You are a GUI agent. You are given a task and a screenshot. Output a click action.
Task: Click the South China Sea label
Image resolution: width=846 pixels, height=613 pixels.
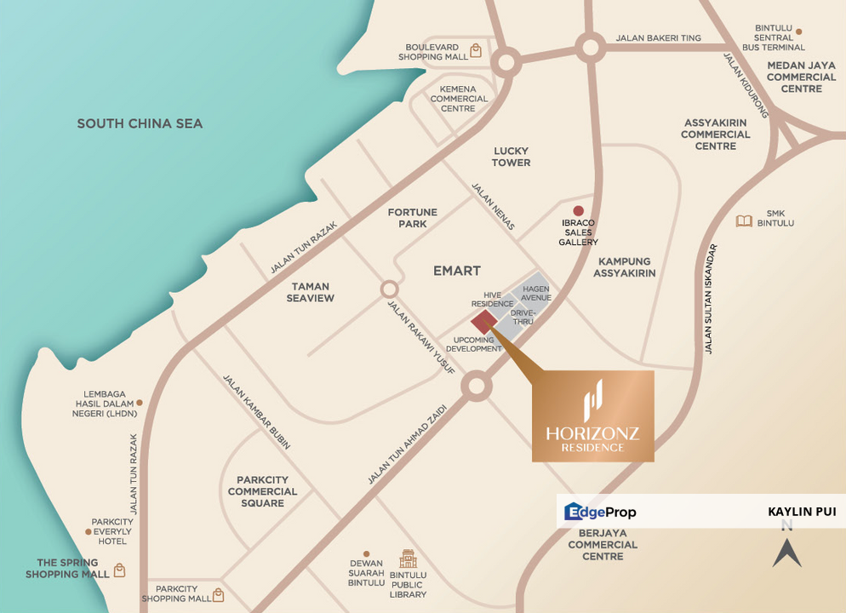[140, 123]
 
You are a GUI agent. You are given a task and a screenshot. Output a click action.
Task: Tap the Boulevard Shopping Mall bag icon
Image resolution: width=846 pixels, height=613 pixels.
[477, 50]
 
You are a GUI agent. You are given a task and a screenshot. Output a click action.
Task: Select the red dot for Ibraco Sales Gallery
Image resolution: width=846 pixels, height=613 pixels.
[578, 211]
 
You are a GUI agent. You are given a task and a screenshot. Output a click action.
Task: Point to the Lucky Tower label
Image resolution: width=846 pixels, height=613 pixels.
[511, 157]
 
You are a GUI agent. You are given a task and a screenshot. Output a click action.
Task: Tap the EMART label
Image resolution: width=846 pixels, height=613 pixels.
[457, 270]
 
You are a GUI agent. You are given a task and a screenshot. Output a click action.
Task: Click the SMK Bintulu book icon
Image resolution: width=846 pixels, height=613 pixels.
[744, 221]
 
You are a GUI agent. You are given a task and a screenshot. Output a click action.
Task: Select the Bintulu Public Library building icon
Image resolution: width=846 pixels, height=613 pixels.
[408, 559]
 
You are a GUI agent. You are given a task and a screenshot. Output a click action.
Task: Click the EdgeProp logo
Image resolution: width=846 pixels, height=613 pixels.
[601, 512]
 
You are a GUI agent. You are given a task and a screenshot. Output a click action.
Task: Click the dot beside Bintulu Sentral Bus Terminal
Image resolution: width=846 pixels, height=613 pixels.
[799, 32]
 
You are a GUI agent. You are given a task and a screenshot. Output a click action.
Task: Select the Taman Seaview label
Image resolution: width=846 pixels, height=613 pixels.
[310, 292]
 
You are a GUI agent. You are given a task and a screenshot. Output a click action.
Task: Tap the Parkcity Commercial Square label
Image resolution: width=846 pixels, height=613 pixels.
[262, 491]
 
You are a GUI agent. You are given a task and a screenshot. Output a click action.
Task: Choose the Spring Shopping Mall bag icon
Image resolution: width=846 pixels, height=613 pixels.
[119, 570]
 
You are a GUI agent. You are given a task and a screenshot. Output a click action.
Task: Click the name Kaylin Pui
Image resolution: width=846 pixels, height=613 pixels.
[801, 512]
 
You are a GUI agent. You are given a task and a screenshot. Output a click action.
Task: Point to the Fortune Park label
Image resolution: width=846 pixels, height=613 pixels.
[412, 218]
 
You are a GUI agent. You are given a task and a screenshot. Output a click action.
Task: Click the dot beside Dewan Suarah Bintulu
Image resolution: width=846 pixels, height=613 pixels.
[367, 553]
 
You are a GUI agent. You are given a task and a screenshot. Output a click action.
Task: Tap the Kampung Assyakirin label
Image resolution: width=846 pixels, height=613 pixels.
[624, 267]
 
